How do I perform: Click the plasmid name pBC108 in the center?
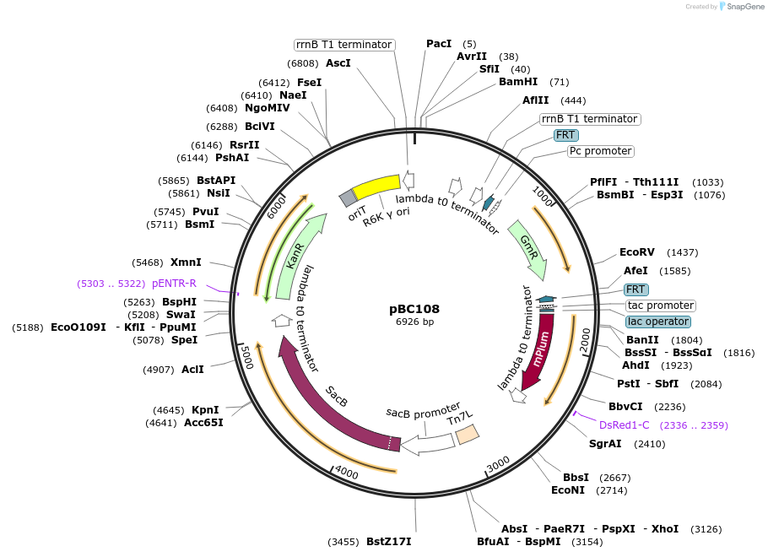[x=414, y=309]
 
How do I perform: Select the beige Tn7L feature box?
[x=467, y=435]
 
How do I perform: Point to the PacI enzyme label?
[x=439, y=44]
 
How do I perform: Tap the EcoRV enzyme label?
[x=637, y=252]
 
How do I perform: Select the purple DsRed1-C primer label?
[x=625, y=425]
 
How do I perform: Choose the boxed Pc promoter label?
[x=600, y=151]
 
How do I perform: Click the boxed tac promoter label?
[x=660, y=306]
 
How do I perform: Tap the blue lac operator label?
[x=658, y=322]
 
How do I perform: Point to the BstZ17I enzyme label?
[x=388, y=541]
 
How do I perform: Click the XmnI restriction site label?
[x=186, y=262]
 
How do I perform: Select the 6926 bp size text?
[x=414, y=322]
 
